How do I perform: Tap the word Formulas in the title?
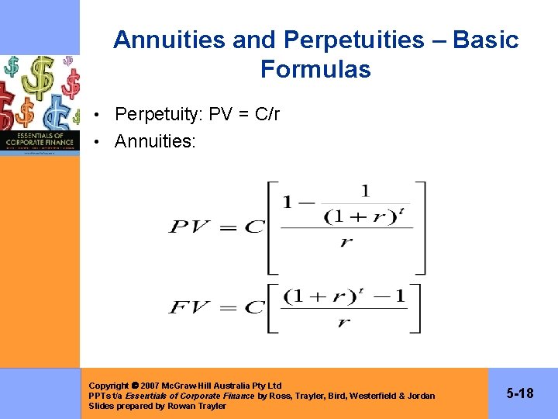[315, 70]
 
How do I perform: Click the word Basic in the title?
[486, 40]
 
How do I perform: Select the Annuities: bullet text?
[155, 141]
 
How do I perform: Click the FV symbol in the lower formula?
[191, 307]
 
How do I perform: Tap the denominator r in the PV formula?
[346, 242]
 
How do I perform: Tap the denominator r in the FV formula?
[343, 322]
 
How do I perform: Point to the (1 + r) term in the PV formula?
[353, 216]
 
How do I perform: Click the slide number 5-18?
[520, 394]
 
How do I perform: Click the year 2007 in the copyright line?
[150, 386]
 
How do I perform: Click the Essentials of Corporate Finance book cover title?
[40, 140]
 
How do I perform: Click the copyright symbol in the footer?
[135, 386]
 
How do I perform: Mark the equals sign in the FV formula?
[227, 307]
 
